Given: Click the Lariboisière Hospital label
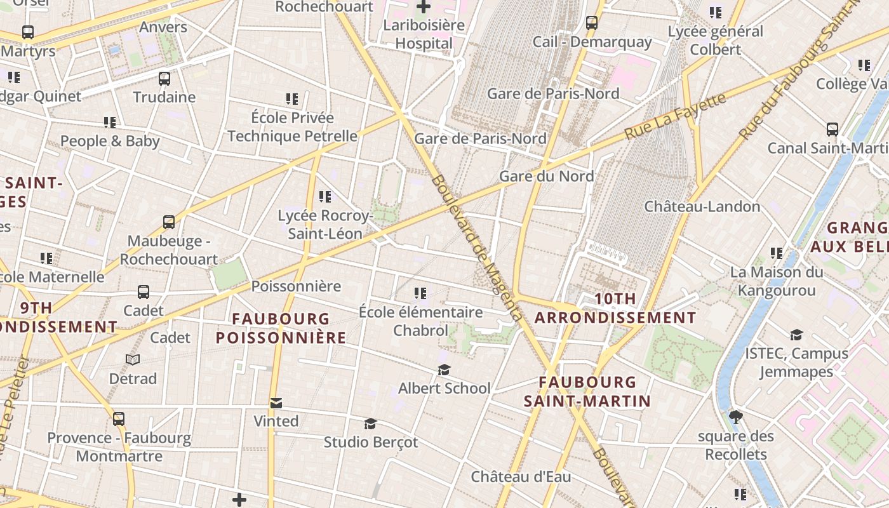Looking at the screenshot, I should (x=423, y=34).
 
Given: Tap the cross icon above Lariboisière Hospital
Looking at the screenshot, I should (x=423, y=8).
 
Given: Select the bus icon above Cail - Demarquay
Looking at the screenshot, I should (x=592, y=23).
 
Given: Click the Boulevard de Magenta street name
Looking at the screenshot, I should (x=477, y=248).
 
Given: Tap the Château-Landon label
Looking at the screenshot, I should (x=702, y=206).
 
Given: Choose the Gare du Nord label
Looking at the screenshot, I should (x=546, y=176).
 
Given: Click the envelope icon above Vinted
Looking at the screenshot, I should (x=276, y=403).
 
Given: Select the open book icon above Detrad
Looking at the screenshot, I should (x=133, y=360).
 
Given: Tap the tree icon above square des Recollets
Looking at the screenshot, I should (x=736, y=417).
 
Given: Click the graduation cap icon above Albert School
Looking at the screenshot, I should (x=444, y=370).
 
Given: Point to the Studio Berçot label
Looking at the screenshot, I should (x=371, y=442).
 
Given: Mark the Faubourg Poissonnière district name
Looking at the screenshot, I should (x=281, y=328).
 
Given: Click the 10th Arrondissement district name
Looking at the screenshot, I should (x=615, y=308).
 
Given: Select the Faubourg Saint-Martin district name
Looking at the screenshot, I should (x=587, y=391).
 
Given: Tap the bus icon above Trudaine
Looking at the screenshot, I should (x=164, y=79).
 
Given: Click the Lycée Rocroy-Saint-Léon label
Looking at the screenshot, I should (x=325, y=225).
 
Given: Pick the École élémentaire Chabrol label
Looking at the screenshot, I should (x=420, y=321).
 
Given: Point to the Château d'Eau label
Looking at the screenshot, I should (x=521, y=476).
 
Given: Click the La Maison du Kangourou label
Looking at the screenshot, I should (x=776, y=281).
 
